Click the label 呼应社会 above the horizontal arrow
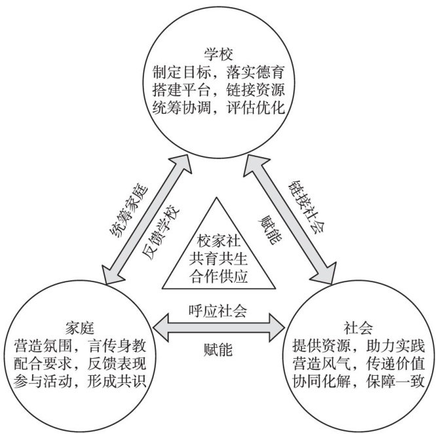pyautogui.click(x=217, y=310)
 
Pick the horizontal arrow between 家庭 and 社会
pyautogui.click(x=218, y=327)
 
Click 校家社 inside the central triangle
pyautogui.click(x=218, y=240)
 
